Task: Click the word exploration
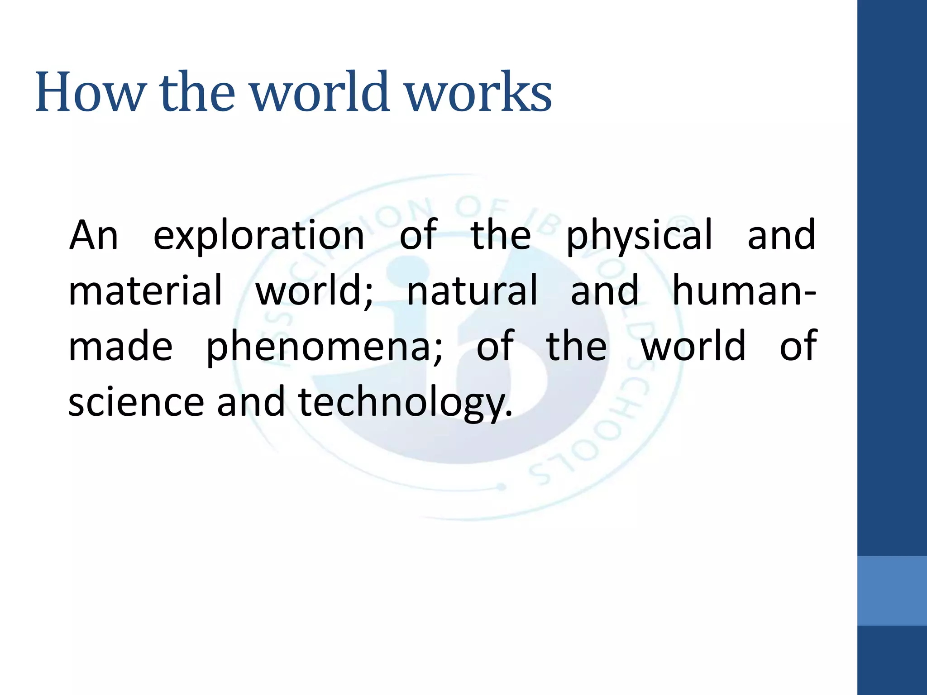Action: pos(258,236)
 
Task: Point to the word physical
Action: pos(639,236)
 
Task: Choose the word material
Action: pos(145,291)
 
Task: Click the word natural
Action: pos(472,291)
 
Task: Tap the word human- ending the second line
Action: pos(744,291)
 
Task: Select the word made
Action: pos(120,346)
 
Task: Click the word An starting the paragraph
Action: pos(94,236)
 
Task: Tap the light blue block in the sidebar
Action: pos(892,590)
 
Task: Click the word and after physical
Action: pos(781,236)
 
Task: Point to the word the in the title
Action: pos(197,92)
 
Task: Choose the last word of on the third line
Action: pos(798,346)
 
